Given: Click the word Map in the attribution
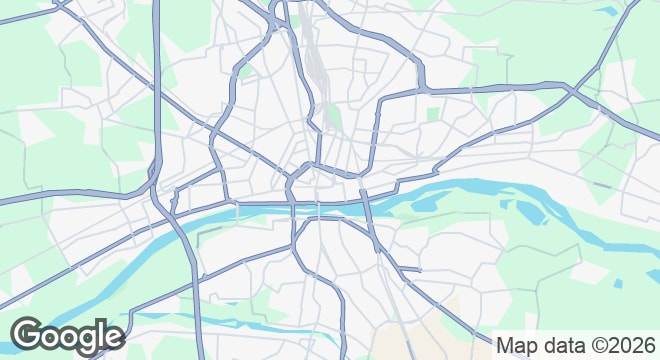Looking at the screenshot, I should [x=517, y=346].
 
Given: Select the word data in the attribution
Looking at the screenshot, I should [x=558, y=346].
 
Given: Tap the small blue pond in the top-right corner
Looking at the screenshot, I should [x=606, y=11].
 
